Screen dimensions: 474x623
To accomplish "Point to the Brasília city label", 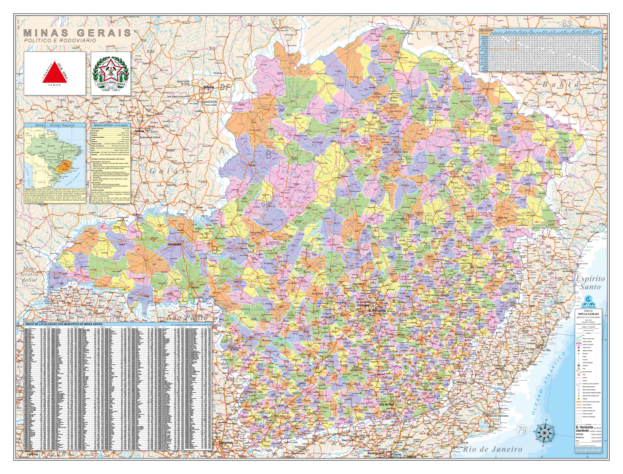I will [209, 87].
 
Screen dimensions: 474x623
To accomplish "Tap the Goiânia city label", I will [139, 131].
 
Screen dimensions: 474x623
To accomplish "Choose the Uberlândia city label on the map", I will [174, 244].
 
